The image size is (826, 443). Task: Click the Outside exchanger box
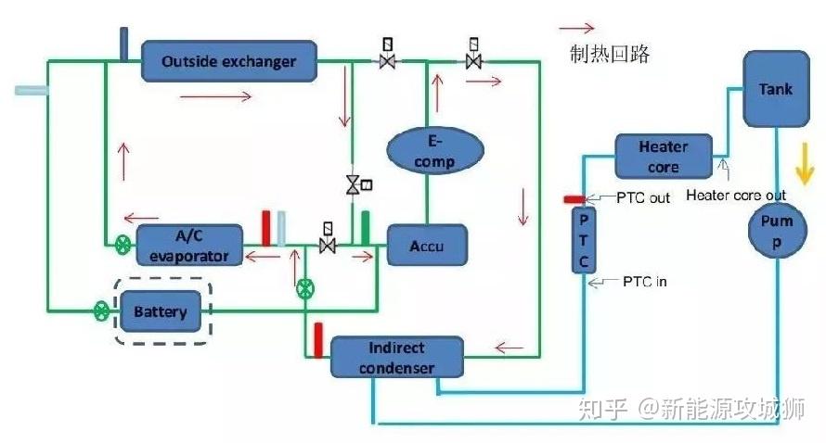[228, 62]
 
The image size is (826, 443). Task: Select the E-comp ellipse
[434, 150]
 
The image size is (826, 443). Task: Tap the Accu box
[427, 246]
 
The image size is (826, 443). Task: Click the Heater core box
[663, 157]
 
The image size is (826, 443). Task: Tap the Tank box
[776, 89]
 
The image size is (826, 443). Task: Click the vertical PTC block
[583, 240]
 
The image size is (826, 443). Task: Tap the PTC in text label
[642, 281]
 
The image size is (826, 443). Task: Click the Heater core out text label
[736, 195]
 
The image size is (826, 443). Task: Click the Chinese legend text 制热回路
[610, 54]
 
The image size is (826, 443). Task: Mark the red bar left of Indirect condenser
[317, 339]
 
